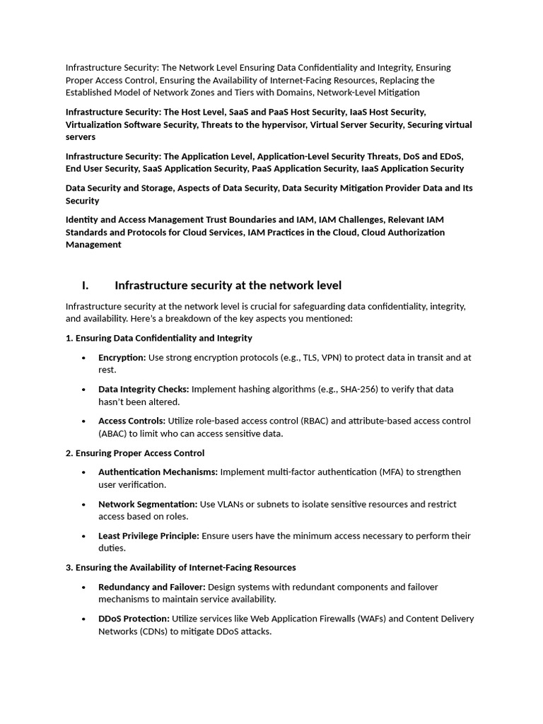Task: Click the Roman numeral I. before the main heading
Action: click(85, 286)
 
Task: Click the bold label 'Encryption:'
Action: click(122, 358)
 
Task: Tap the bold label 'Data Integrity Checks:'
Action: click(144, 390)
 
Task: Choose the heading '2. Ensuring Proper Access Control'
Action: click(135, 453)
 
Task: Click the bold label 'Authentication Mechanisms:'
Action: click(158, 472)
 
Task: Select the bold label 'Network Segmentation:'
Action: click(148, 504)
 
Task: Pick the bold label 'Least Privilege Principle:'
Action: click(148, 536)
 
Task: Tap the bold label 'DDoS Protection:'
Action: click(134, 619)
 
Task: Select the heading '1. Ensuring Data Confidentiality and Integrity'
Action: click(159, 339)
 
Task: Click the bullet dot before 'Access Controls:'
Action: click(84, 421)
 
